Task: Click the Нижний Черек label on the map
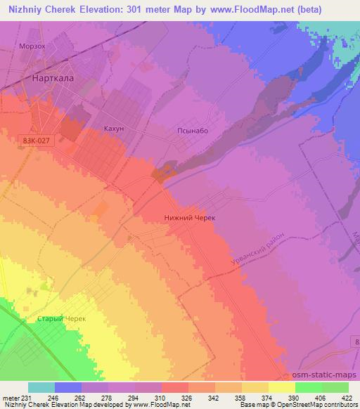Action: [189, 219]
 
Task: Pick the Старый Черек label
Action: [62, 318]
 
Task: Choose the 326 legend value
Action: [188, 397]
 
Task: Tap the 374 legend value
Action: [268, 397]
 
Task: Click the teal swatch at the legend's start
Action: [41, 387]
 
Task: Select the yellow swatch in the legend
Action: [282, 387]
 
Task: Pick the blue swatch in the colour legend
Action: [68, 387]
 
